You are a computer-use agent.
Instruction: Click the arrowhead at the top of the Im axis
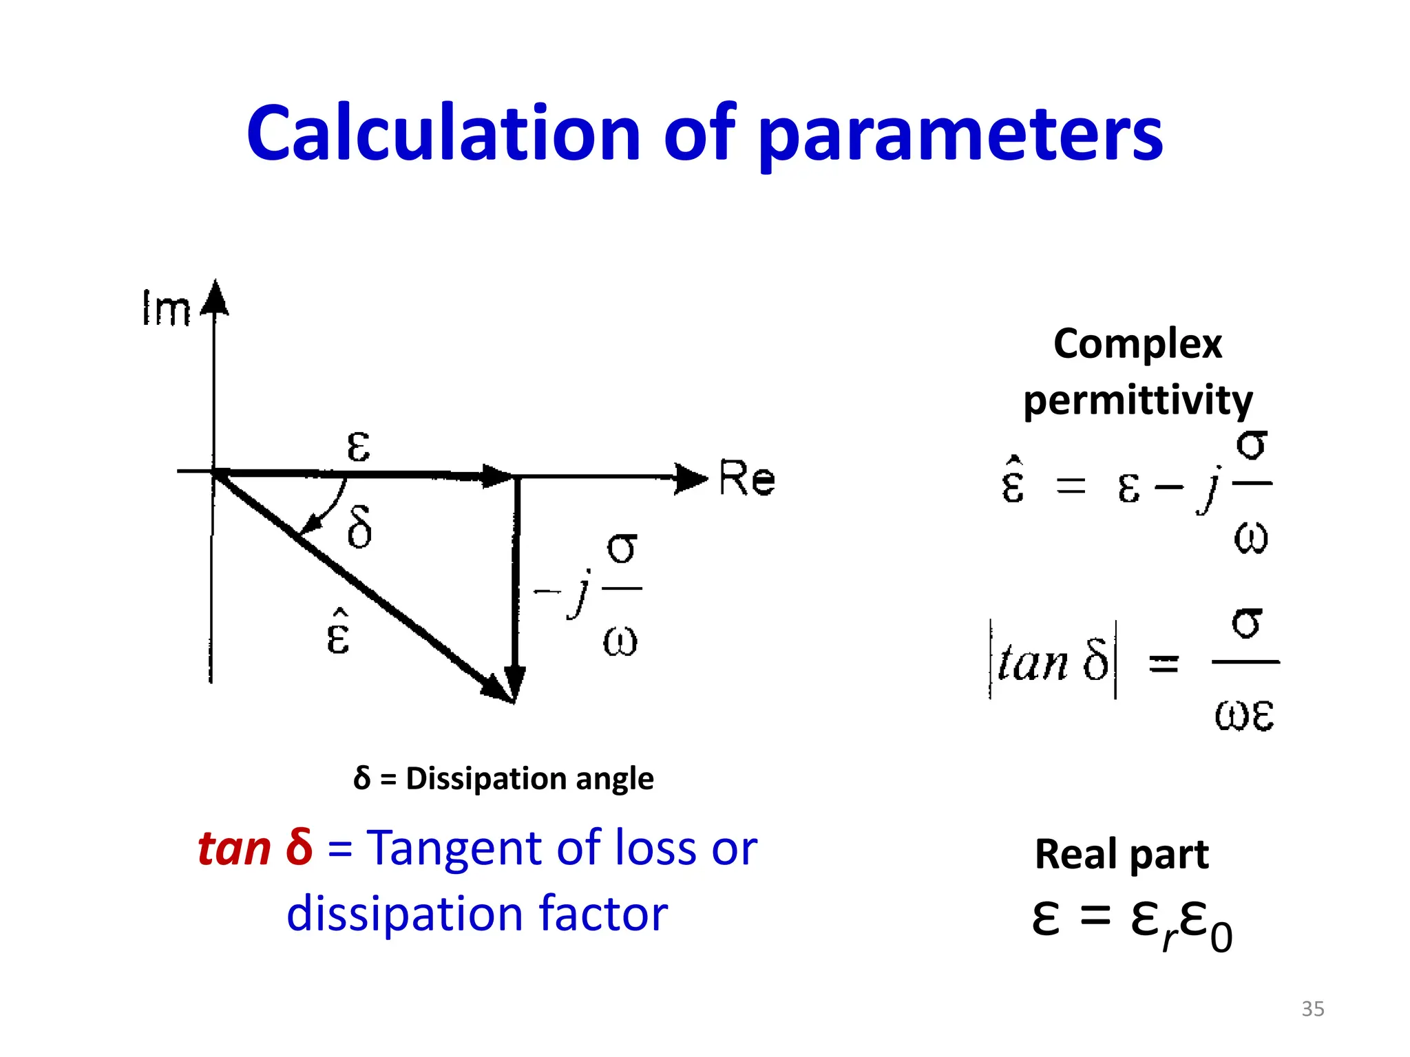click(215, 297)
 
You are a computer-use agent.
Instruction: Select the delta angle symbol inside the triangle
click(359, 527)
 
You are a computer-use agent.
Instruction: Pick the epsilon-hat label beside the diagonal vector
click(338, 632)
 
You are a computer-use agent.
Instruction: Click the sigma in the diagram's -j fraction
click(622, 548)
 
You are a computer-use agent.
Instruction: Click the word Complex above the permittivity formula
click(1137, 344)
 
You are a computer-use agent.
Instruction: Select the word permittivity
click(1137, 401)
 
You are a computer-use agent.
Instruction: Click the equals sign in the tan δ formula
click(1164, 663)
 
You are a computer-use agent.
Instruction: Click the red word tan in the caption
click(234, 848)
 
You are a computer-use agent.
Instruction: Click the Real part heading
click(1122, 854)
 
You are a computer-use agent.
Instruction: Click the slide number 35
click(1312, 1009)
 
